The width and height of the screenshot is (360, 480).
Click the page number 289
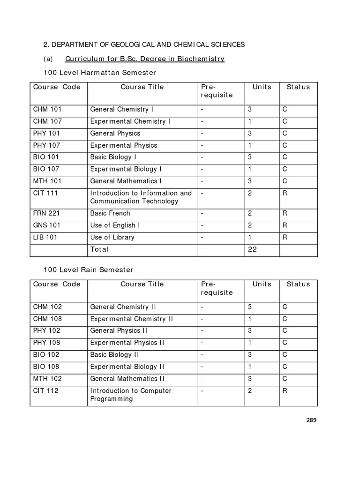click(x=312, y=420)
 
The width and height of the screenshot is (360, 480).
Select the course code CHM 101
click(x=47, y=109)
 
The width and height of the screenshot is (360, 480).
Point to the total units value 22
click(x=253, y=249)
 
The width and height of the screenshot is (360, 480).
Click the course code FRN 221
click(x=46, y=213)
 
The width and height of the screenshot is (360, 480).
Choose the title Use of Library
click(x=112, y=237)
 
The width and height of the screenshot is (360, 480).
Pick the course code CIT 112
click(x=46, y=390)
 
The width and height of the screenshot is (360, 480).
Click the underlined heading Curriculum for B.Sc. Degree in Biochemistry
click(x=144, y=59)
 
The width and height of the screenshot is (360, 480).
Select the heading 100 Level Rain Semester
click(x=88, y=270)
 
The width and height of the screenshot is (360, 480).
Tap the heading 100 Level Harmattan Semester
click(x=99, y=73)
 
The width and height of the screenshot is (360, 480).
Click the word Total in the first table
click(x=99, y=249)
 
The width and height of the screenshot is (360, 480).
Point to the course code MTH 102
click(x=47, y=378)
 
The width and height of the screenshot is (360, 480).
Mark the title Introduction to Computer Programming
click(x=131, y=395)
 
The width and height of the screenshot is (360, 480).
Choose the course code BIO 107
click(x=46, y=169)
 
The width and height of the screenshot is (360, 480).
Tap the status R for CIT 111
click(x=285, y=193)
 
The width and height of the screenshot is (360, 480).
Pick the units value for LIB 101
click(x=250, y=237)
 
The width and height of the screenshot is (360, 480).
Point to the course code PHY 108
click(x=47, y=343)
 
